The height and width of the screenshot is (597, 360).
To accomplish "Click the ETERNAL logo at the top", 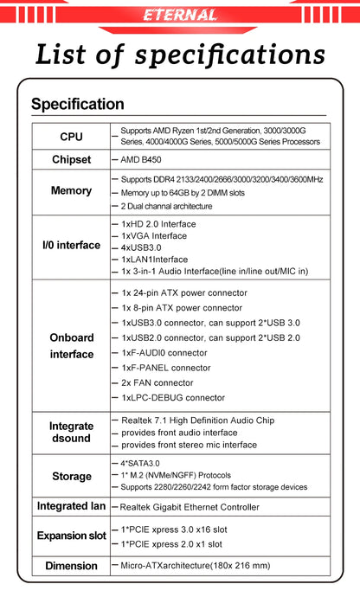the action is point(180,15).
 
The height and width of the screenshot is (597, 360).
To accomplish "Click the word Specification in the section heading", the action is point(77,105).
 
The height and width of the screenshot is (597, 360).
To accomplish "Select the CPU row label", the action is point(72,137).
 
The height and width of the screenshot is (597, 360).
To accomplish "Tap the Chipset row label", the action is point(71,160).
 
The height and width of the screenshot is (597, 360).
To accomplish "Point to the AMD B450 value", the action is point(141,160).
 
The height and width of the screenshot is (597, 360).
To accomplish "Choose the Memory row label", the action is point(71,191).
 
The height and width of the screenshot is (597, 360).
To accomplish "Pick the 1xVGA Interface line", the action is point(153,235).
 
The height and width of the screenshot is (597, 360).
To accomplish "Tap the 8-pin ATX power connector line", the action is point(182,307).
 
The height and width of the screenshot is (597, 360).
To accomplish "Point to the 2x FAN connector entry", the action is point(157,382).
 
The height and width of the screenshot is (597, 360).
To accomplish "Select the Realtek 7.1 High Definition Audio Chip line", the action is point(197,420).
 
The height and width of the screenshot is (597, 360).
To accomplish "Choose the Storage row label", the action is point(71,477).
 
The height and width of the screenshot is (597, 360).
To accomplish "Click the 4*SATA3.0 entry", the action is point(140,463).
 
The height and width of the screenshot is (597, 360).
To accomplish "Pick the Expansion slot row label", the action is point(71,536).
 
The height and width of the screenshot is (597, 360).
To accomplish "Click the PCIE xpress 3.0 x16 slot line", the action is point(173,529).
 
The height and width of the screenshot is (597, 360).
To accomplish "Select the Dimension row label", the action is point(71,566).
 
